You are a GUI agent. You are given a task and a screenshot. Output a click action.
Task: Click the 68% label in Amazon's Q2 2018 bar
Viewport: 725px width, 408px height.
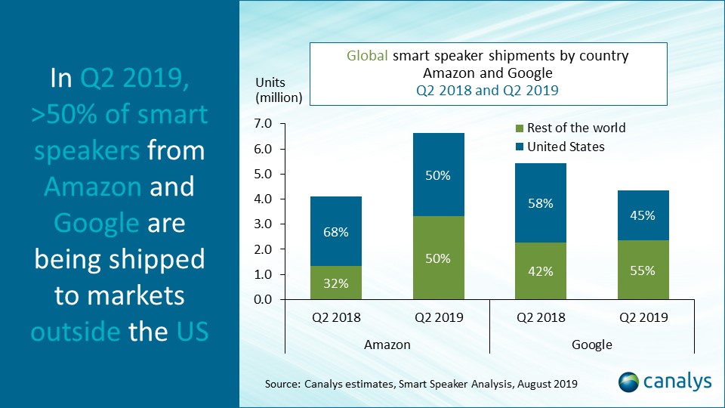(337, 232)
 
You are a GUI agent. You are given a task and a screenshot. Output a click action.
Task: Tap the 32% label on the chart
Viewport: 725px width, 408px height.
(337, 284)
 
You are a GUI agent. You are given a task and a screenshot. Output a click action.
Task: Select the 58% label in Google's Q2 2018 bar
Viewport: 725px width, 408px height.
(541, 203)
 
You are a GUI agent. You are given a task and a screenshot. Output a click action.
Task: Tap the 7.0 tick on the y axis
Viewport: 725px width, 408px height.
(268, 124)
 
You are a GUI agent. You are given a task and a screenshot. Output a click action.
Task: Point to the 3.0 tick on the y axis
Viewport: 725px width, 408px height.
(268, 224)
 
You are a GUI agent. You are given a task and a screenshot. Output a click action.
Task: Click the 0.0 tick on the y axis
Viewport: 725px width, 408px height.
(268, 300)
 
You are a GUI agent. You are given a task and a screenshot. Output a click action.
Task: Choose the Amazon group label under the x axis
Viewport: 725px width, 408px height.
(387, 345)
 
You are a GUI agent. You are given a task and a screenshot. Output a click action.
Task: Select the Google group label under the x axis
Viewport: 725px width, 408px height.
(591, 345)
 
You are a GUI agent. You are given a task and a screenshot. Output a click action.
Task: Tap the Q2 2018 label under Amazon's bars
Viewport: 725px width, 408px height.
(337, 317)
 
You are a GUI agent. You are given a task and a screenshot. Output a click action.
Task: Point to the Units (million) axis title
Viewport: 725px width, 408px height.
(278, 90)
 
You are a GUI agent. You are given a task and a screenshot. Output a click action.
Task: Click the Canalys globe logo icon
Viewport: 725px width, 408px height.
(630, 382)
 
